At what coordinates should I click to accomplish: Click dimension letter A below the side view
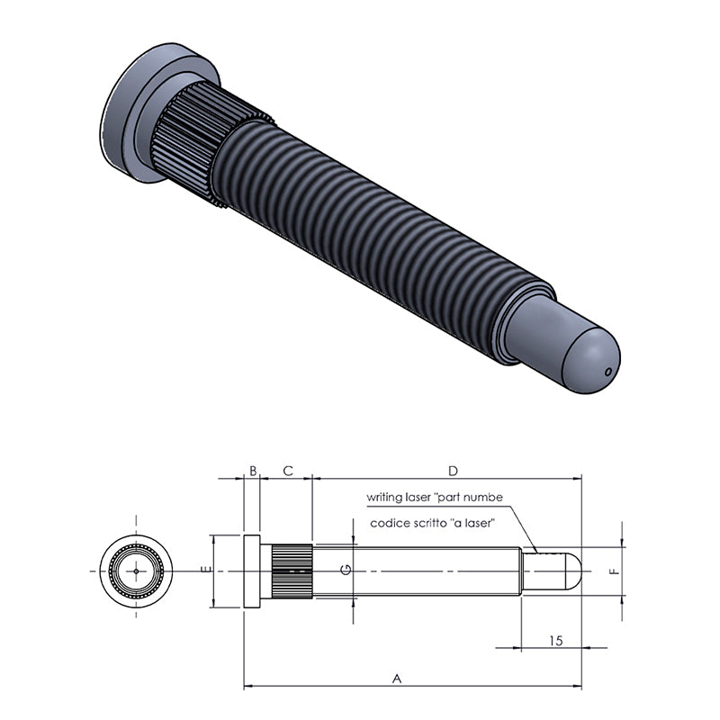[397, 679]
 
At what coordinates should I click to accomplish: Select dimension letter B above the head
[253, 471]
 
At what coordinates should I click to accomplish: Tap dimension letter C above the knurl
[288, 471]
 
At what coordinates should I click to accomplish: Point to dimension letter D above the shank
[454, 471]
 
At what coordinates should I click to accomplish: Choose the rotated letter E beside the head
[207, 570]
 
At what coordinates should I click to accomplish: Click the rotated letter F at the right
[615, 571]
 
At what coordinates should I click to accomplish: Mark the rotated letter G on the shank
[346, 570]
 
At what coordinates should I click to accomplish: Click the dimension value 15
[556, 641]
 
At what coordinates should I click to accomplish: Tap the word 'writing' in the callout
[382, 497]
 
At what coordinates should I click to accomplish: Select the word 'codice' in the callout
[386, 523]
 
